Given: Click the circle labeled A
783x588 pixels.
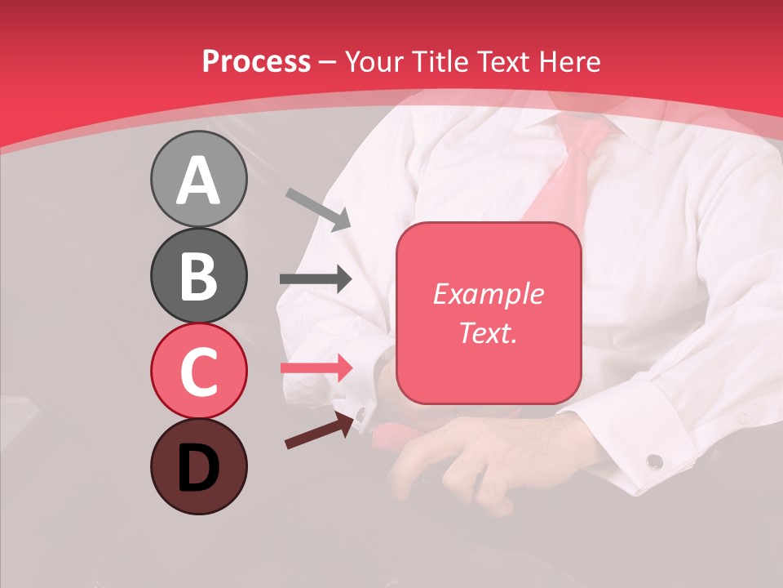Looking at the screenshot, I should pos(198,180).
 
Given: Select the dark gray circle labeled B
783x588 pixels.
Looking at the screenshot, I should pos(198,275).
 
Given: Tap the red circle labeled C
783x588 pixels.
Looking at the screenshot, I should pos(198,371).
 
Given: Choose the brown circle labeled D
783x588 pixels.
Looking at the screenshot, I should pos(198,466).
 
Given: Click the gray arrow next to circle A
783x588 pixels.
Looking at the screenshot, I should pos(318,209).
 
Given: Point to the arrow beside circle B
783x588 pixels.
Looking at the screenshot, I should pos(316,279).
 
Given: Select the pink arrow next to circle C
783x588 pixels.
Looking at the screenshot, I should pos(316,367).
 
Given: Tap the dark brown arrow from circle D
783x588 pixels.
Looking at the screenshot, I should pos(321,430).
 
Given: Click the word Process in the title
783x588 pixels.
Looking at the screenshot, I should pos(256,62).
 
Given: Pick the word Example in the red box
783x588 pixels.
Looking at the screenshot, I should pos(488,294).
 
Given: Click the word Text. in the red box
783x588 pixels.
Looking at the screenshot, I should pos(488,333).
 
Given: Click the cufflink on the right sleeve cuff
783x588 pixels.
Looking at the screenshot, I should pos(654,462).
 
